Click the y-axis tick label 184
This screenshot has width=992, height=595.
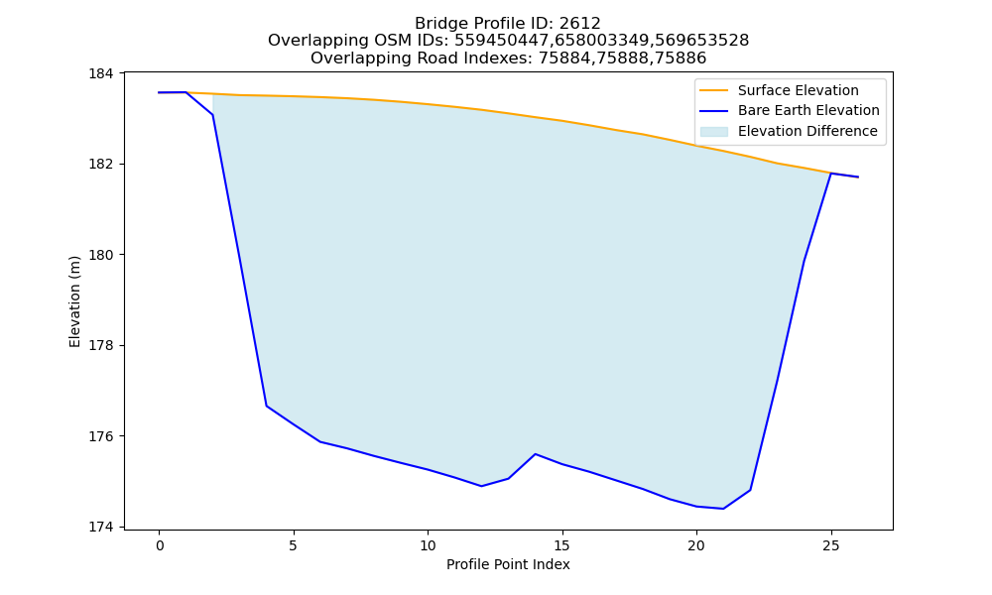click(100, 73)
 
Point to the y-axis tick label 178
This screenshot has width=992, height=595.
click(100, 346)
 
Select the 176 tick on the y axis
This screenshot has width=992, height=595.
click(100, 436)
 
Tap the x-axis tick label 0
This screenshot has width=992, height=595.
click(160, 545)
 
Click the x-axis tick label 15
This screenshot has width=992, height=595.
click(561, 545)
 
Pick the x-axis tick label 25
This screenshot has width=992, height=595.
click(830, 545)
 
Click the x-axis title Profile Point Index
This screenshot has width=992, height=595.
click(508, 564)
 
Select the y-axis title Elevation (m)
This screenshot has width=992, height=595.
click(75, 301)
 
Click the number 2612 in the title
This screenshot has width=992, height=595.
click(579, 24)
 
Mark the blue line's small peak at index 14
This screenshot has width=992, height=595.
click(536, 454)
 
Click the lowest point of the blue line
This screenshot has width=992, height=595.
click(723, 509)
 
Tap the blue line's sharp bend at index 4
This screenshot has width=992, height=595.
click(266, 406)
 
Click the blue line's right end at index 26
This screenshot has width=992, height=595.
click(858, 178)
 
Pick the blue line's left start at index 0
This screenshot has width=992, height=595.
click(159, 92)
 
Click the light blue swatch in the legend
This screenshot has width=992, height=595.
click(713, 132)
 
